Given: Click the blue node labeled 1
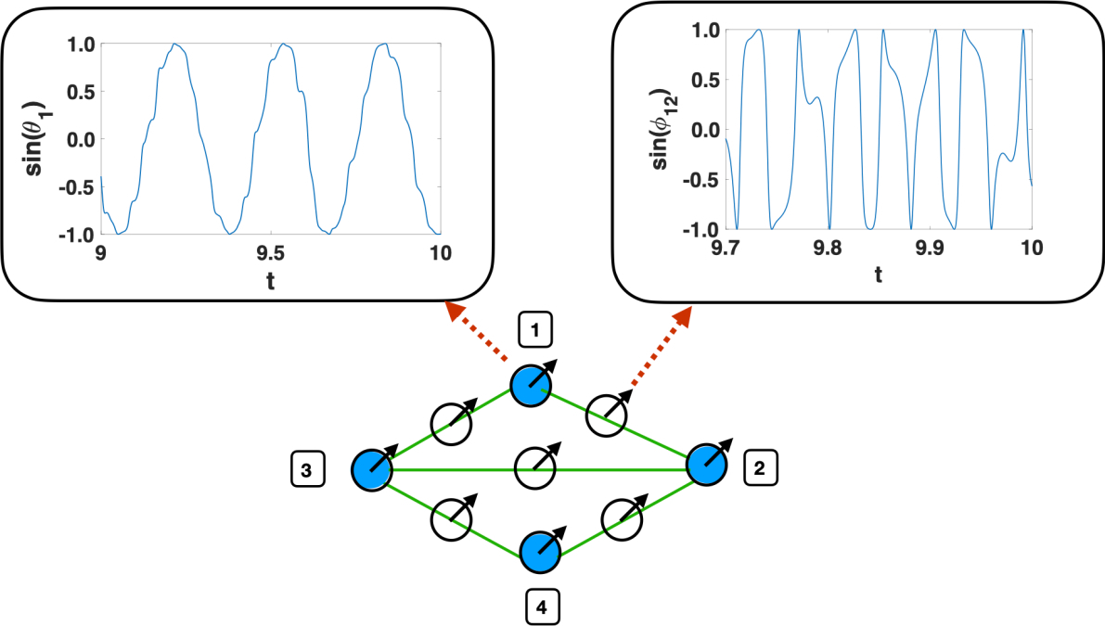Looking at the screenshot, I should pyautogui.click(x=531, y=384).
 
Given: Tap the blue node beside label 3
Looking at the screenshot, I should pyautogui.click(x=371, y=471).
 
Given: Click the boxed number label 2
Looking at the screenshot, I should pyautogui.click(x=760, y=469).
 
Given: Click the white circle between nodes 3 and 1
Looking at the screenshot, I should pyautogui.click(x=451, y=424).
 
